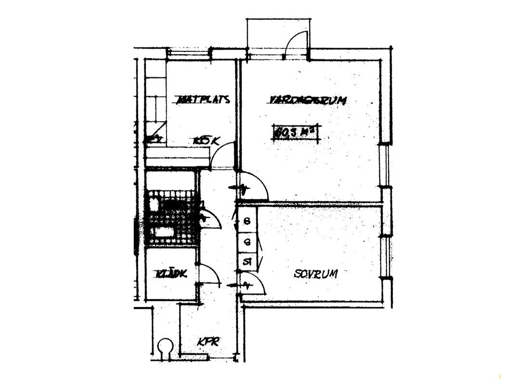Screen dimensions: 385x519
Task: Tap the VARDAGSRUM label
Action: click(x=307, y=100)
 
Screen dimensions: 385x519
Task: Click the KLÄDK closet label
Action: click(x=171, y=274)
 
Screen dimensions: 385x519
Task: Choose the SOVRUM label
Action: click(x=315, y=274)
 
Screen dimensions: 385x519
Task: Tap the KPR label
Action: click(x=208, y=342)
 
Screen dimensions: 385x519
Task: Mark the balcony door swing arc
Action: click(x=295, y=44)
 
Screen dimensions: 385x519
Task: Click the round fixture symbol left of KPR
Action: click(x=165, y=346)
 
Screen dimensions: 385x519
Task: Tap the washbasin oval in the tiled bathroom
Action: click(x=154, y=204)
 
